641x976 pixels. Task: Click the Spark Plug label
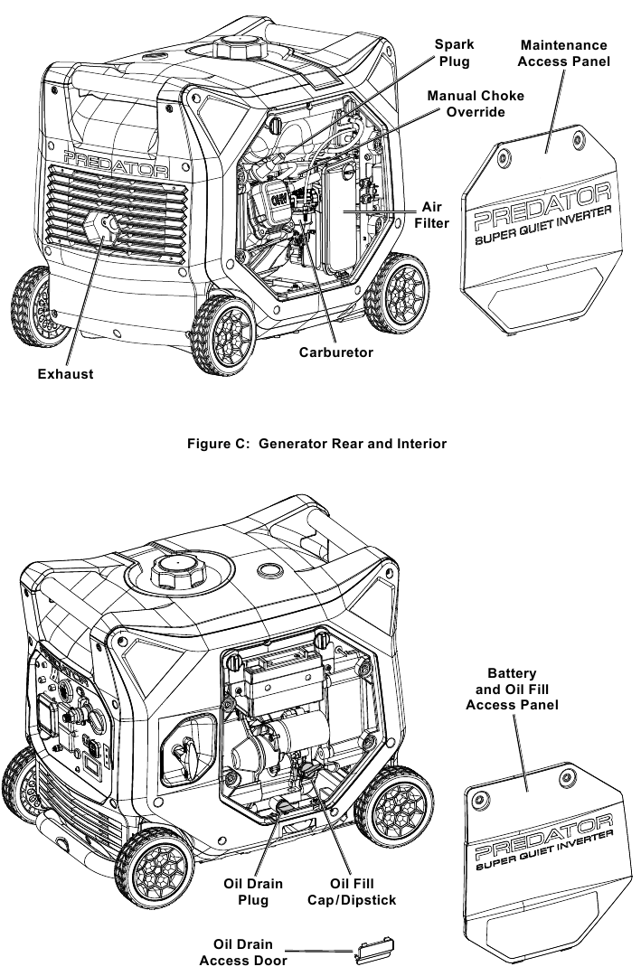click(455, 52)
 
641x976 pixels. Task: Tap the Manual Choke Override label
click(476, 103)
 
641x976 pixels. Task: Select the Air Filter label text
click(431, 214)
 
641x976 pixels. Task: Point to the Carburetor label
click(336, 352)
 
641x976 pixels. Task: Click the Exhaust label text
click(65, 373)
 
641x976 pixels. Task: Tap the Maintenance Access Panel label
click(565, 53)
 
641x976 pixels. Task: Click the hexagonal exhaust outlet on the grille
click(107, 230)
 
